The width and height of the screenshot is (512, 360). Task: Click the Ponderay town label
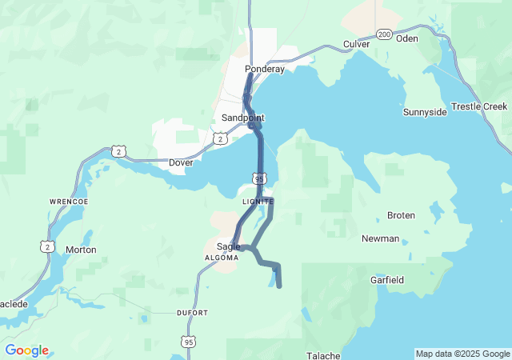tap(265, 69)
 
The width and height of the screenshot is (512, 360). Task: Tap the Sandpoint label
tap(242, 118)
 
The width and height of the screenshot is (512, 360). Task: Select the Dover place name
tap(182, 162)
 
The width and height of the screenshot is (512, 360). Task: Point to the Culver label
tap(356, 44)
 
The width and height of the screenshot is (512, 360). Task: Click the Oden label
tap(407, 38)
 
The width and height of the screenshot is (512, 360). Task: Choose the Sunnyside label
tap(425, 112)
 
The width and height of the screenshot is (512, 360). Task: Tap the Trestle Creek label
tap(479, 106)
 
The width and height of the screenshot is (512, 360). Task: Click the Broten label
tap(401, 215)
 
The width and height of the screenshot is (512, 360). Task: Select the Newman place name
tap(380, 238)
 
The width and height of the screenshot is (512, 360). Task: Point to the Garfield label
tap(387, 280)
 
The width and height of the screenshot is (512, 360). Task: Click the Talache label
tap(324, 355)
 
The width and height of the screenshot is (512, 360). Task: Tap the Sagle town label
tap(229, 246)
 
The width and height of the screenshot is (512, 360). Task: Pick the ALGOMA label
tap(222, 258)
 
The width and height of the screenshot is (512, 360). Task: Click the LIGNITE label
tap(258, 202)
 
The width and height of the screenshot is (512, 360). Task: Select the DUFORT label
tap(192, 313)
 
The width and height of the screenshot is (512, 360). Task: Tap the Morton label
tap(81, 250)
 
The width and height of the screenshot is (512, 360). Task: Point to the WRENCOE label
tap(67, 202)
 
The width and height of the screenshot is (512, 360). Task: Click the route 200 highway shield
tap(385, 34)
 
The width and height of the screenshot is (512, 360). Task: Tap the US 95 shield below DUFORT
tap(189, 342)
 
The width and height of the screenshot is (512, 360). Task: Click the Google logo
tap(26, 350)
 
